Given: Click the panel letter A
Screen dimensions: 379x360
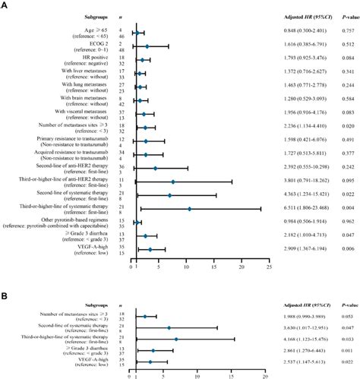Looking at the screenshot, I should point(5,6).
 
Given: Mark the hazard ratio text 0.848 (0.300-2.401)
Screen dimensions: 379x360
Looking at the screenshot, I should point(293,33).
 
